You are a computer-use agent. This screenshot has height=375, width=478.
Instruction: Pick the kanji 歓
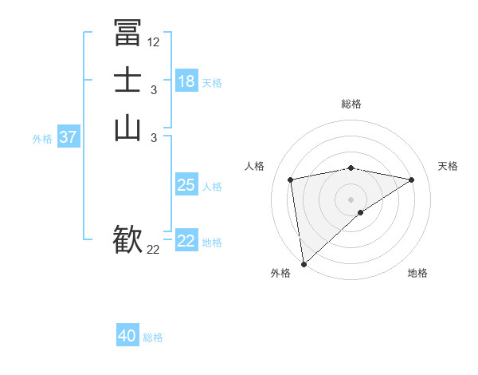[127, 239]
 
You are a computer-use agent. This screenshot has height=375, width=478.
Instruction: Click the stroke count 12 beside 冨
[154, 41]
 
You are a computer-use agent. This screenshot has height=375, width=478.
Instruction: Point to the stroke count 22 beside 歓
[154, 250]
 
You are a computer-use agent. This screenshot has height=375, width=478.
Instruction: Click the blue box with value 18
[186, 81]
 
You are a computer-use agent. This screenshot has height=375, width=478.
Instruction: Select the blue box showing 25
[186, 185]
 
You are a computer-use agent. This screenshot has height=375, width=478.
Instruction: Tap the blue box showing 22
[186, 241]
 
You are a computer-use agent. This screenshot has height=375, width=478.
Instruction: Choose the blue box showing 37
[69, 137]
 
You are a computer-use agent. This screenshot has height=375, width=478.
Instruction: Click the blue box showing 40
[127, 336]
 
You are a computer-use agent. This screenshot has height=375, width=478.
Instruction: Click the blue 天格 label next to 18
[212, 83]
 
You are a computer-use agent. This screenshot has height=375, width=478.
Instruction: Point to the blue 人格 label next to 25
[212, 187]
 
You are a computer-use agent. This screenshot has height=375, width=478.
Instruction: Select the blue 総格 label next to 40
[153, 337]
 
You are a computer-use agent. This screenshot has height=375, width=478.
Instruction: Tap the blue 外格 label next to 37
[42, 139]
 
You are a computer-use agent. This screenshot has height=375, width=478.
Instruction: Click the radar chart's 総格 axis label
[351, 104]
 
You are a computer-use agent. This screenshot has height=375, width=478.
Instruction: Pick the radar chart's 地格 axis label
[417, 273]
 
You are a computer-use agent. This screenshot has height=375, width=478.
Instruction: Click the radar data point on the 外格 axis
[304, 263]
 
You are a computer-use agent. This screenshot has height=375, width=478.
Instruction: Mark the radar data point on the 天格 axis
[412, 180]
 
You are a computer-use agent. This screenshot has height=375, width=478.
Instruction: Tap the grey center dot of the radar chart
[351, 199]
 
